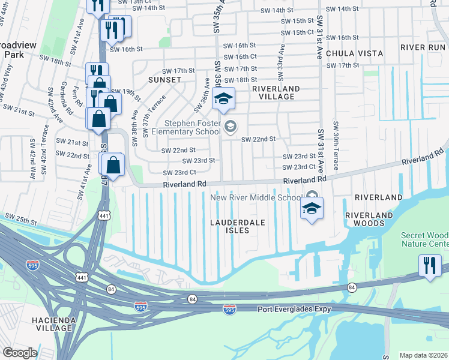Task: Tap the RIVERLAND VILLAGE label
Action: click(276, 92)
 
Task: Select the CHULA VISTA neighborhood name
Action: click(354, 53)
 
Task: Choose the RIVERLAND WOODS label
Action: click(373, 219)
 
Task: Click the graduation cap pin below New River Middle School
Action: click(312, 209)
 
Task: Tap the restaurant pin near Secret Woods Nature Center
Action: click(430, 266)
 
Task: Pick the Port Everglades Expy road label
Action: click(295, 310)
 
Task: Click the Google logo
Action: click(20, 353)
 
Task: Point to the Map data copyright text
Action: click(423, 355)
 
